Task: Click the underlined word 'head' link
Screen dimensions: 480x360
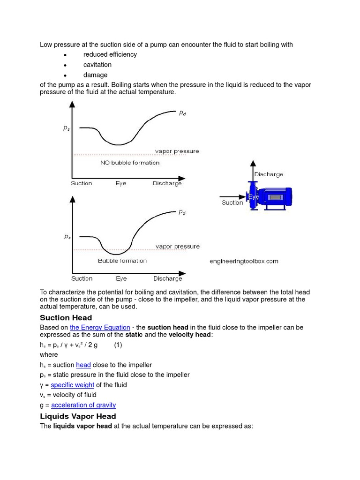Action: pyautogui.click(x=83, y=365)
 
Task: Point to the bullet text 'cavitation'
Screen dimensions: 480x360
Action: pyautogui.click(x=97, y=65)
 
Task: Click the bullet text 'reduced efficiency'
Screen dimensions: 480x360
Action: pyautogui.click(x=110, y=54)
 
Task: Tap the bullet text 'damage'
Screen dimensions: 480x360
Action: pyautogui.click(x=96, y=75)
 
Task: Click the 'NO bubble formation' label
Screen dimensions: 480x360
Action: pyautogui.click(x=130, y=163)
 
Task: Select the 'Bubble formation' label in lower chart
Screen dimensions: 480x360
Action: pyautogui.click(x=122, y=261)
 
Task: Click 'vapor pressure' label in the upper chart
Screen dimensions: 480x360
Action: pyautogui.click(x=177, y=151)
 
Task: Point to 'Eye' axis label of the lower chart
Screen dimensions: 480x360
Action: pyautogui.click(x=121, y=278)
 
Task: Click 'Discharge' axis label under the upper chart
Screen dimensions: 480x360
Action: pyautogui.click(x=167, y=183)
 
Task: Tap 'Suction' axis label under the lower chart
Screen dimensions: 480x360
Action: pyautogui.click(x=82, y=278)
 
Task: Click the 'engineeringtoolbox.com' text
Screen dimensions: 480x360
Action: pyautogui.click(x=244, y=261)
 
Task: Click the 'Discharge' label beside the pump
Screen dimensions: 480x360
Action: pyautogui.click(x=269, y=174)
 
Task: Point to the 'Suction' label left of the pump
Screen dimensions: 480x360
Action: pyautogui.click(x=232, y=203)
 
